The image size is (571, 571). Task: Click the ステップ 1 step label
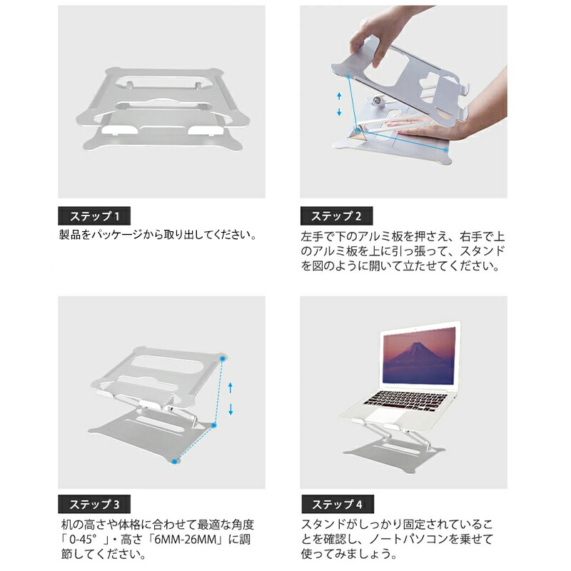click(94, 216)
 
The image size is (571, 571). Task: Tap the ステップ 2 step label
click(336, 216)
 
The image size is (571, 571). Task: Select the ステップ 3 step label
click(94, 505)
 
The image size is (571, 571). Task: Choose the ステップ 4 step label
click(337, 505)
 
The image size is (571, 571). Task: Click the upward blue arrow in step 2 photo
click(339, 96)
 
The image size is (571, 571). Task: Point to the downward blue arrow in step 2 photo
click(339, 112)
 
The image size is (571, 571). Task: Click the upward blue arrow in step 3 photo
click(230, 388)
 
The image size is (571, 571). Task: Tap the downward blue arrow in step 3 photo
click(231, 410)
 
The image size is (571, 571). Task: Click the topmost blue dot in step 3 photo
click(223, 359)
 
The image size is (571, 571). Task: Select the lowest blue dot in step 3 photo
click(175, 461)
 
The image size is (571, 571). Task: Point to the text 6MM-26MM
click(186, 540)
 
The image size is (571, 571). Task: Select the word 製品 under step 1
click(69, 235)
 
